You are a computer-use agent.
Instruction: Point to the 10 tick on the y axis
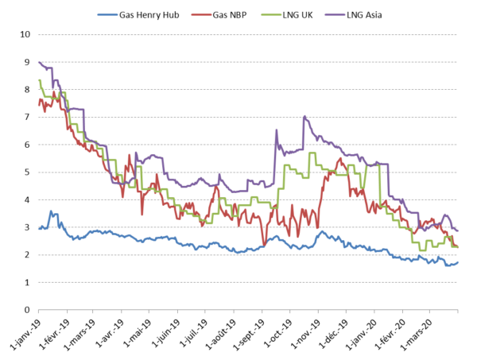(x=25, y=35)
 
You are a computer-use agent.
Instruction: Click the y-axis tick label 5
(x=28, y=172)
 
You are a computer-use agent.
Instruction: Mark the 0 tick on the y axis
(x=28, y=310)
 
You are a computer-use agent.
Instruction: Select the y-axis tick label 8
(x=28, y=90)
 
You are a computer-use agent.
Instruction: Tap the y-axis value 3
(x=28, y=227)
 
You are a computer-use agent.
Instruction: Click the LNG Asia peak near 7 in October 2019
(x=304, y=116)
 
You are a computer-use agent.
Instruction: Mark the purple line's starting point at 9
(x=39, y=62)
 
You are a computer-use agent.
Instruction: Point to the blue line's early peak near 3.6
(x=52, y=211)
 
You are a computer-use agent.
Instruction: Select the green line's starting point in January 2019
(x=39, y=79)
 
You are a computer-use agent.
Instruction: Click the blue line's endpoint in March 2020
(x=458, y=262)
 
